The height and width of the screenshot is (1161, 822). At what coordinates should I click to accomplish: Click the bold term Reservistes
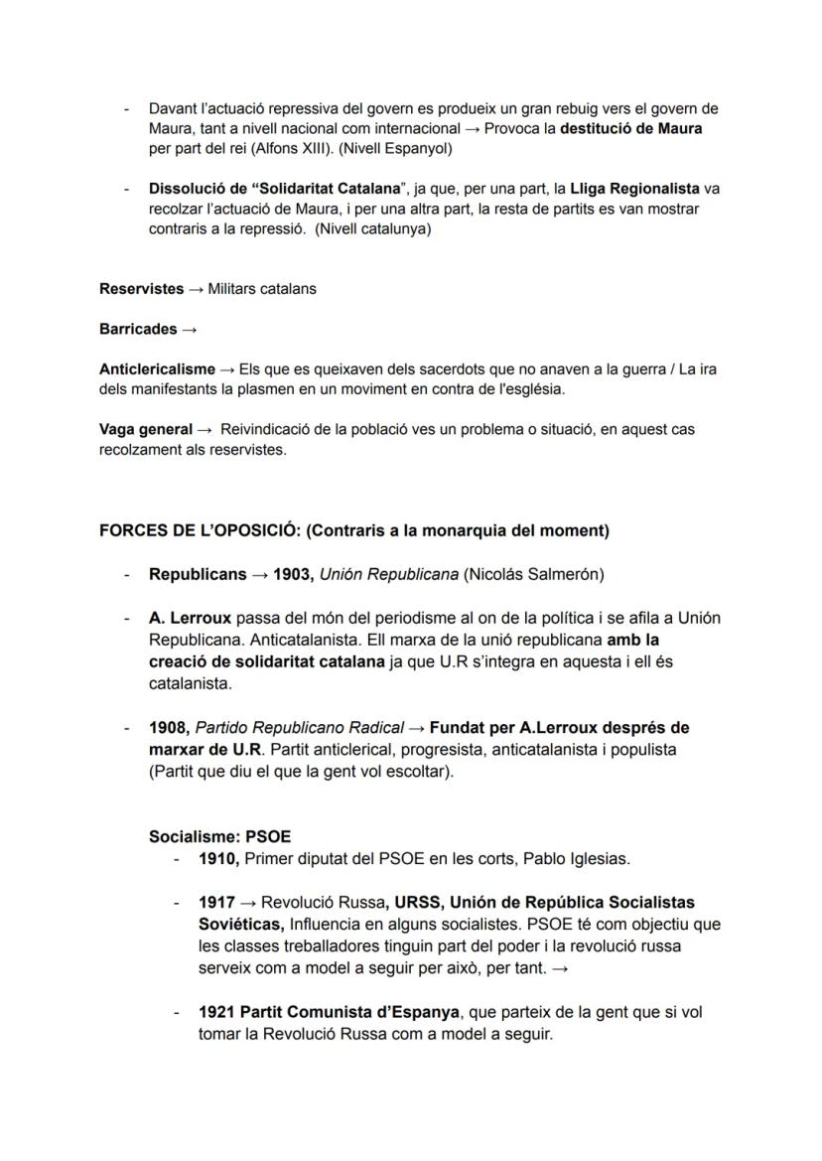point(141,289)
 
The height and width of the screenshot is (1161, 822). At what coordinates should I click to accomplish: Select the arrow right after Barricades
point(190,329)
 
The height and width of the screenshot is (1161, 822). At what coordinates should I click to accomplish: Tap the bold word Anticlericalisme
point(157,369)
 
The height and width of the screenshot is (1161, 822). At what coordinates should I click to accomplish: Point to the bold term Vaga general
point(146,429)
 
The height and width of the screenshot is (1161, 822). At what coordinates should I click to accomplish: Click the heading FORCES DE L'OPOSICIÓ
point(199,530)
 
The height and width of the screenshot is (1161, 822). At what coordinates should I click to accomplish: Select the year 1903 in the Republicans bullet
point(294,574)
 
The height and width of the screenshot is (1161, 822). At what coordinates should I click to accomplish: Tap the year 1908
point(168,728)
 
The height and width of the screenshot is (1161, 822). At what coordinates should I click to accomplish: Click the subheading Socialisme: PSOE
point(219,836)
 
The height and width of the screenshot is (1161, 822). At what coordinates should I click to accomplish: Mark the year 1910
point(218,858)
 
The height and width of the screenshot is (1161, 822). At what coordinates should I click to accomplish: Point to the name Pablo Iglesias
point(577,858)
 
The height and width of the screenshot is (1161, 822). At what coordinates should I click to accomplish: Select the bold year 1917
point(216,903)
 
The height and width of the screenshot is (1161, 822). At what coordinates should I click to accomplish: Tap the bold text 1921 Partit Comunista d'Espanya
point(329,1012)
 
